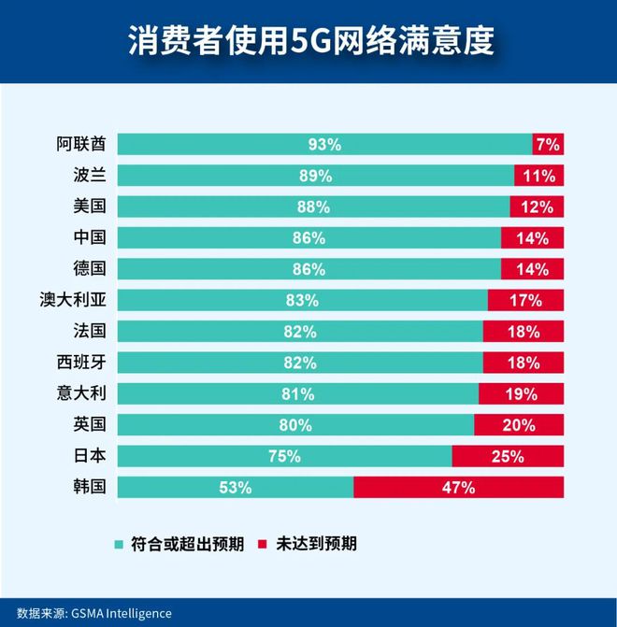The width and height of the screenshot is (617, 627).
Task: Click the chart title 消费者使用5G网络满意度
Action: [x=309, y=42]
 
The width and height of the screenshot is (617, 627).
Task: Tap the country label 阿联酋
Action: [x=80, y=144]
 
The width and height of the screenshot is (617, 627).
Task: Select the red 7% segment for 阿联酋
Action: [x=548, y=144]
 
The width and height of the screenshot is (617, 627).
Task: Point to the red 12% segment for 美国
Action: [x=537, y=207]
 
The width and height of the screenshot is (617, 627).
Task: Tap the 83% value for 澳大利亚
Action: [x=304, y=300]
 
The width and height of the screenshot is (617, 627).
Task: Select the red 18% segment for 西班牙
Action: [x=524, y=363]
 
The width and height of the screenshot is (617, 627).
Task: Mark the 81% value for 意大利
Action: [x=297, y=393]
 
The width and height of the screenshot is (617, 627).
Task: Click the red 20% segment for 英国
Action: [x=519, y=425]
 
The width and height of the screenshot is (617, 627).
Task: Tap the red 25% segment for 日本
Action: [x=508, y=456]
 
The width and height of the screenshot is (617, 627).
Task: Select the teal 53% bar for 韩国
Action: [x=236, y=487]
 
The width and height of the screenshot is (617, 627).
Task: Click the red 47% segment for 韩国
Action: [x=459, y=487]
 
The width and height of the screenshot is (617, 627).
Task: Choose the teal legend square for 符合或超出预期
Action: [x=118, y=543]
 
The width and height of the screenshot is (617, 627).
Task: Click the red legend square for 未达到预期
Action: [x=263, y=543]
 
